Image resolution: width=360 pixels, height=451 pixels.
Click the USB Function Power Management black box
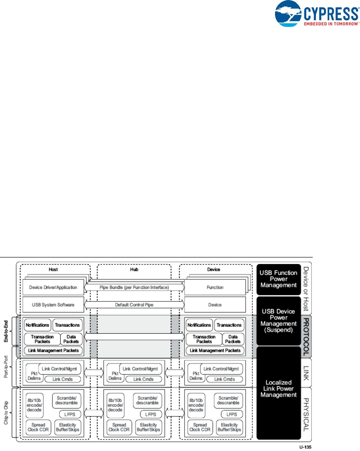click(x=278, y=279)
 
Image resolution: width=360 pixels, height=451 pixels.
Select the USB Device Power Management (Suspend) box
click(x=278, y=320)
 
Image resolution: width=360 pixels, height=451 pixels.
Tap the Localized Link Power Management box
click(x=278, y=388)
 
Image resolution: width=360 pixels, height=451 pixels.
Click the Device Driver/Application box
click(x=53, y=287)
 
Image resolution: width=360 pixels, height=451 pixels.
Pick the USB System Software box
click(x=53, y=305)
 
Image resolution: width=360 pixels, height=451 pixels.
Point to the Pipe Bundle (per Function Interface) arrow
click(x=134, y=287)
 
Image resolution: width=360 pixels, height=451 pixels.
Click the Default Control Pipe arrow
click(x=134, y=305)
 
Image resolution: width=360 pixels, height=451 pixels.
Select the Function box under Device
click(x=215, y=287)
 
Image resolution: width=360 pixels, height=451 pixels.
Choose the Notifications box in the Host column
click(x=37, y=325)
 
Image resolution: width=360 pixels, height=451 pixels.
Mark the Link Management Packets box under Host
click(x=53, y=351)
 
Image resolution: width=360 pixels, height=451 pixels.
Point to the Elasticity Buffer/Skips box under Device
click(x=229, y=427)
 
